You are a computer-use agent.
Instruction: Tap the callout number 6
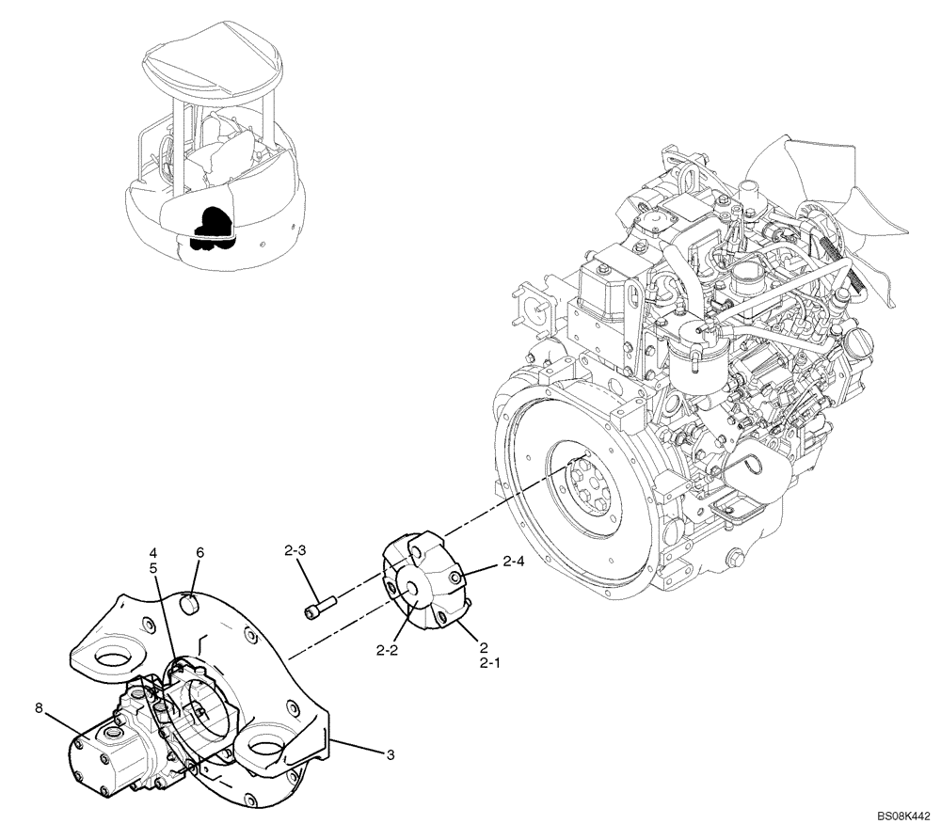[199, 552]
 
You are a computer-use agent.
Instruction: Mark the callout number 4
[152, 552]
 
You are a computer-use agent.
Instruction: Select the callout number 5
[152, 567]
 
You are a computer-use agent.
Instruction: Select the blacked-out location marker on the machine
[212, 229]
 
